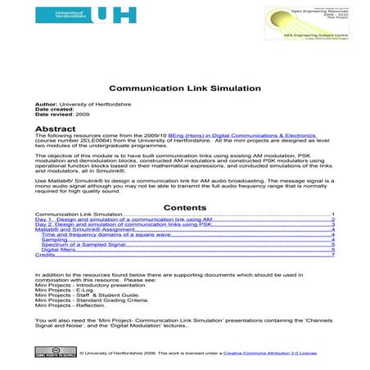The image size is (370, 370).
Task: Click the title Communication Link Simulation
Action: click(185, 88)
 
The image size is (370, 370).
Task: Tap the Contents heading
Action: click(185, 208)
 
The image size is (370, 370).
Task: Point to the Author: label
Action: click(47, 106)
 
